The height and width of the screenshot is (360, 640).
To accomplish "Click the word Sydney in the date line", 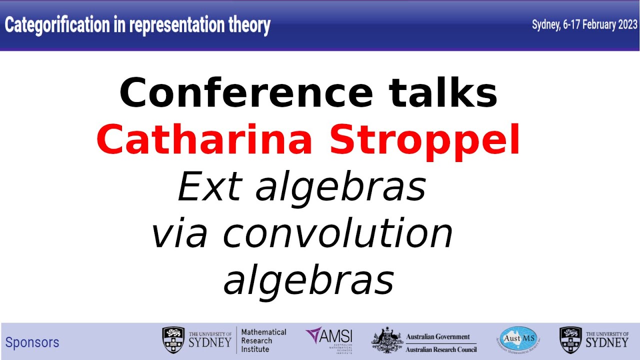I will [x=544, y=25].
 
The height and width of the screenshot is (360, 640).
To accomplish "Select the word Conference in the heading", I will [x=245, y=93].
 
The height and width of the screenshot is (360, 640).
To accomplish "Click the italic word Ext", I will [x=209, y=187].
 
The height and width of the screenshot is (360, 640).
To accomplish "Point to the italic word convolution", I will [x=337, y=233].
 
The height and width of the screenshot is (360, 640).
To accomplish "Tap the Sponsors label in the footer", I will [x=32, y=342].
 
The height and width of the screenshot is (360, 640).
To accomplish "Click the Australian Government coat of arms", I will [x=386, y=340].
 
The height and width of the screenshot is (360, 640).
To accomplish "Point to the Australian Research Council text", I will [x=441, y=349].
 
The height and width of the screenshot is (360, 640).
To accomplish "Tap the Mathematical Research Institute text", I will [x=263, y=340].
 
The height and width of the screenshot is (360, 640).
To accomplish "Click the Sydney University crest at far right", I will [x=570, y=340].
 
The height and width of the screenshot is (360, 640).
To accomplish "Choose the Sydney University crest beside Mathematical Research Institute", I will [x=173, y=340].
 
